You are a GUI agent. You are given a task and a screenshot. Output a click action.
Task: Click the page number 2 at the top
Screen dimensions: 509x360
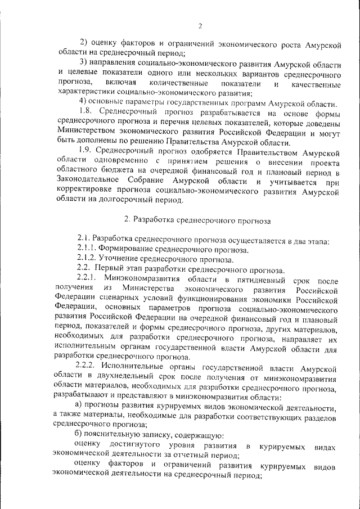(200, 25)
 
